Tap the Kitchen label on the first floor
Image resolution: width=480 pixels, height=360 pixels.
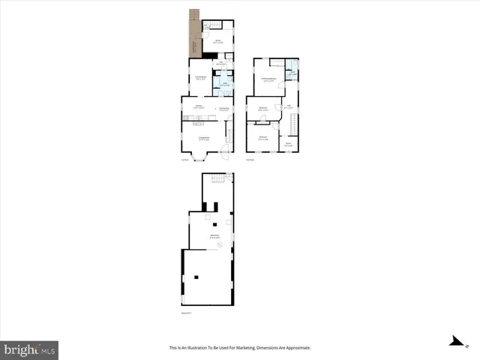point(199,109)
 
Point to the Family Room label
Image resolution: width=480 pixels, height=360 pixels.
point(201,78)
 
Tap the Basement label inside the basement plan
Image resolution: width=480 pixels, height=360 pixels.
point(214,236)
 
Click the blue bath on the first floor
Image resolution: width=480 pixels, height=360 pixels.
point(223,83)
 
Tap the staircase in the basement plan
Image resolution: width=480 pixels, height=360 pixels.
point(217,178)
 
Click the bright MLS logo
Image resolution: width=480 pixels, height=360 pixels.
point(30,349)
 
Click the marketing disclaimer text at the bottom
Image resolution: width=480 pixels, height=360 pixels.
point(240,348)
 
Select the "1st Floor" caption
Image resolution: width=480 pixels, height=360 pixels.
point(184,159)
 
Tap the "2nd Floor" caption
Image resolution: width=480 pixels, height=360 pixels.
point(250,159)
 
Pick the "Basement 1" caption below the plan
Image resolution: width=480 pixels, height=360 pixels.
point(187,313)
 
